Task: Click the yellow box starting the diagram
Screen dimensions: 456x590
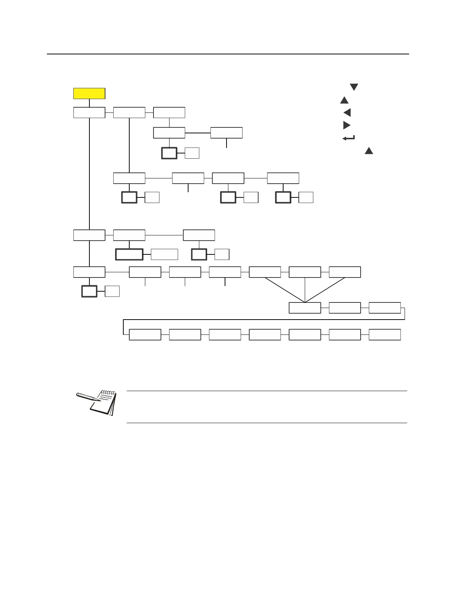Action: [89, 93]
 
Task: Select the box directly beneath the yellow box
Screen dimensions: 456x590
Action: [89, 112]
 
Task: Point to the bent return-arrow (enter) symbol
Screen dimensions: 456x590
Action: [348, 138]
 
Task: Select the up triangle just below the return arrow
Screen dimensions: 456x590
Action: [369, 151]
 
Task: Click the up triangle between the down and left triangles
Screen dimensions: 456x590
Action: [344, 100]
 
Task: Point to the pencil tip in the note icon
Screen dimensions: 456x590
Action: [99, 400]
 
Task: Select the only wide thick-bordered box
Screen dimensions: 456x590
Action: [129, 254]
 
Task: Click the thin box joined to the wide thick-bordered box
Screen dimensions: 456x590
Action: [164, 254]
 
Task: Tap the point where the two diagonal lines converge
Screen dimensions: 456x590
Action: [305, 302]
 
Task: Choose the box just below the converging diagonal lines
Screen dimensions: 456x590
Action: [305, 308]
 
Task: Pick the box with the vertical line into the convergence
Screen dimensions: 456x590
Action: [305, 272]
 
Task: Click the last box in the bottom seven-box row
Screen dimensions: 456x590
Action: [385, 335]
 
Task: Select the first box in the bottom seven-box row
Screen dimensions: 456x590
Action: [145, 335]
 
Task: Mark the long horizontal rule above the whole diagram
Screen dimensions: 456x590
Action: [228, 54]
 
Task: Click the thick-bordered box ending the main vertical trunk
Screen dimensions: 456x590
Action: [89, 291]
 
